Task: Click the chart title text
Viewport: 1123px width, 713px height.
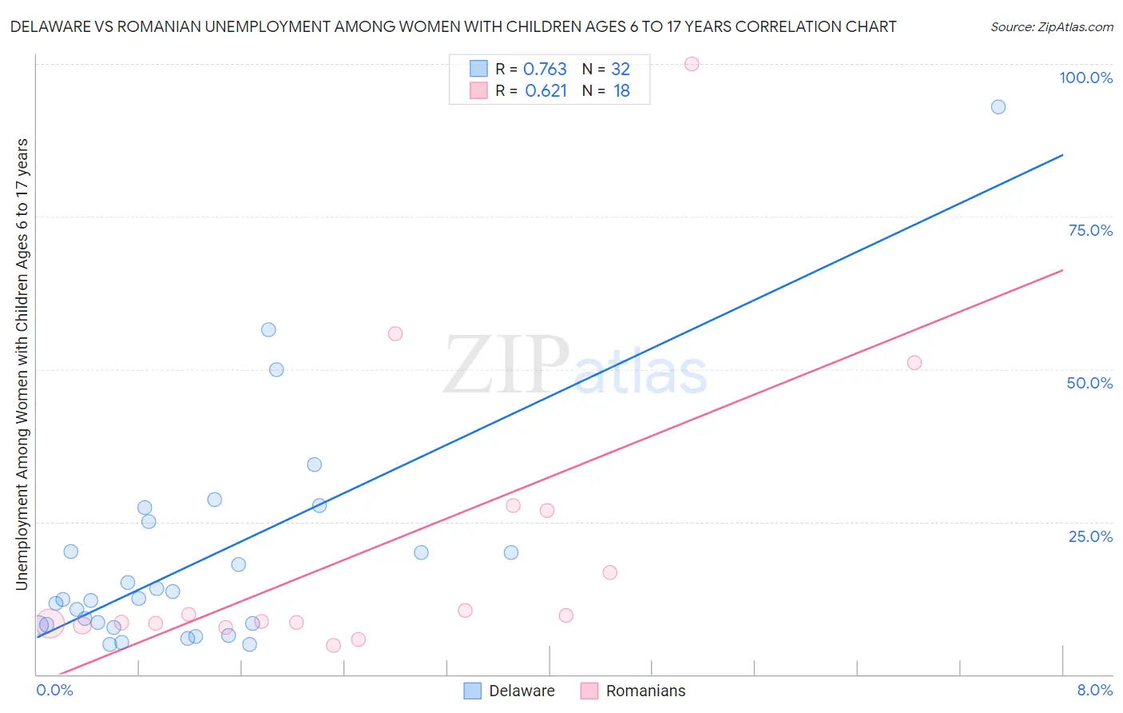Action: coord(453,26)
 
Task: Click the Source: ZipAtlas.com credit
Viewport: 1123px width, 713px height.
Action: coord(1051,26)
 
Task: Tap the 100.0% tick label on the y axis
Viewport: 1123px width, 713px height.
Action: coord(1085,78)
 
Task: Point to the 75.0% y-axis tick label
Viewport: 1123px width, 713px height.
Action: coord(1090,230)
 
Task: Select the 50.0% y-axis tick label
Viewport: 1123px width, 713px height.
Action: coord(1089,383)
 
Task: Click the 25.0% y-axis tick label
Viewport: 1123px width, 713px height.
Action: coord(1090,536)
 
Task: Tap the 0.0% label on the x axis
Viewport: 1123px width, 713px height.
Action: coord(54,690)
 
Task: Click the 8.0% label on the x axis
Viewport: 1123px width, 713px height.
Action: coord(1094,690)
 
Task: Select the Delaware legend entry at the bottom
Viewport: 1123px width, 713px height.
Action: coord(510,691)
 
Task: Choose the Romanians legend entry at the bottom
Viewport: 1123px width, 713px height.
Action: coord(633,691)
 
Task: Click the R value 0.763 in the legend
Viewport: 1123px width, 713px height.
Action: coord(545,70)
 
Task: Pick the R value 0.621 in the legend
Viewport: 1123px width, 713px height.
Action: coord(546,91)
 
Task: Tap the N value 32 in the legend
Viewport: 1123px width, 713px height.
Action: coord(621,70)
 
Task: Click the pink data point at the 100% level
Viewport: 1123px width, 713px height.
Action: coord(692,64)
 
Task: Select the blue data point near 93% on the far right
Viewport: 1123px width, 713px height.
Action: coord(998,107)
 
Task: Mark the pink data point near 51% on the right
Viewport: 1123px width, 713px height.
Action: coord(915,363)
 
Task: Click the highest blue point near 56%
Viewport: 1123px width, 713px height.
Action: coord(268,330)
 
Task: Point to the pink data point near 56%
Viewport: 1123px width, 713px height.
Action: coord(395,334)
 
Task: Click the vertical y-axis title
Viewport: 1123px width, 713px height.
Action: coord(22,364)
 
